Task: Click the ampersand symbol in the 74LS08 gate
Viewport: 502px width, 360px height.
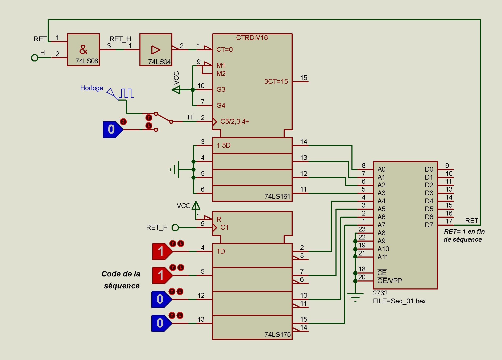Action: tap(83, 49)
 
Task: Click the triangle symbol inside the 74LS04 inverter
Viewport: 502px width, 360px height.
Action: tap(156, 50)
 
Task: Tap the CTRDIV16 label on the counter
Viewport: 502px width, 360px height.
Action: tap(252, 38)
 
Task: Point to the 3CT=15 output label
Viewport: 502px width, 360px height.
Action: tap(276, 81)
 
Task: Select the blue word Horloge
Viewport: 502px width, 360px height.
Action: tap(92, 88)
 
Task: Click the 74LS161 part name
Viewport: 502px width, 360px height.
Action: tap(277, 196)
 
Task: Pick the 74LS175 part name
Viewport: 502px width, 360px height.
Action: tap(277, 334)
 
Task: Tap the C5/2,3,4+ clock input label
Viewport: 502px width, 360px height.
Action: tap(234, 122)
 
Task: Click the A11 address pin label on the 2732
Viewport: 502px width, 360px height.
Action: tap(383, 257)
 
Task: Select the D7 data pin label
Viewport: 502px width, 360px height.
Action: tap(429, 225)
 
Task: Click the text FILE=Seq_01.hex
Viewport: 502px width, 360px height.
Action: tap(399, 301)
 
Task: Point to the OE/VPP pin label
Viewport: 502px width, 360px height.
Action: tap(389, 281)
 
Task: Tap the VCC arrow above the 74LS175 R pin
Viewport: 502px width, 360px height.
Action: tap(196, 205)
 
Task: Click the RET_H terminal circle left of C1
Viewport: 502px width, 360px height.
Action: tap(175, 227)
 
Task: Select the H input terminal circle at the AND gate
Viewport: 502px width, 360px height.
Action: tap(35, 58)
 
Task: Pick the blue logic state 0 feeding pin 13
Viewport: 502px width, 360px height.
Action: tap(160, 323)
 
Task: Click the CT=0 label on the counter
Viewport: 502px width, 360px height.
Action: tap(224, 50)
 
